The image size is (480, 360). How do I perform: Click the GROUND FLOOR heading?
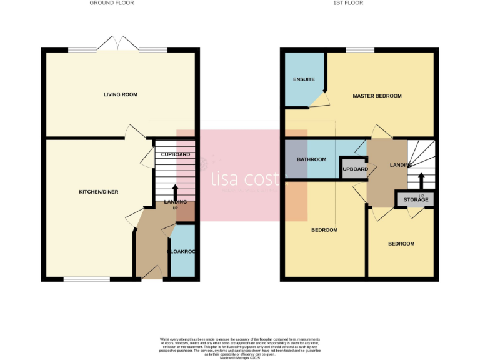pos(111,3)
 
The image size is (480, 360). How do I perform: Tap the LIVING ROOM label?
pos(121,94)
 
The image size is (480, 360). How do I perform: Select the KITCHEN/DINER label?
pos(98,192)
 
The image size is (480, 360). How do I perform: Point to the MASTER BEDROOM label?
pos(377,96)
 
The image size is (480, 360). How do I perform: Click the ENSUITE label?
pos(304,79)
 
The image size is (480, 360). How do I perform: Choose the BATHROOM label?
pos(311,159)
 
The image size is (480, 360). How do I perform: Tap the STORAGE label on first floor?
pos(416,199)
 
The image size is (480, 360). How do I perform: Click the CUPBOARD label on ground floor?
pos(176,154)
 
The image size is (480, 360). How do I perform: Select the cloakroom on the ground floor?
pos(182,252)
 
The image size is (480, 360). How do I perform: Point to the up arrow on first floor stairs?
pos(421,180)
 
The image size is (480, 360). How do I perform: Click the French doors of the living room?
pos(118,45)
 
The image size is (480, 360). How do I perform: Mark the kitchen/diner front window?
pos(87,279)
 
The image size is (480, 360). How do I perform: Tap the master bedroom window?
pos(359,50)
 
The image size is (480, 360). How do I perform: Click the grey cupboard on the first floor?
pos(354,169)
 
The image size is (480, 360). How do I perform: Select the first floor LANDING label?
pos(401,165)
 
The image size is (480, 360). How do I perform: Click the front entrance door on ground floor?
pos(152,273)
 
